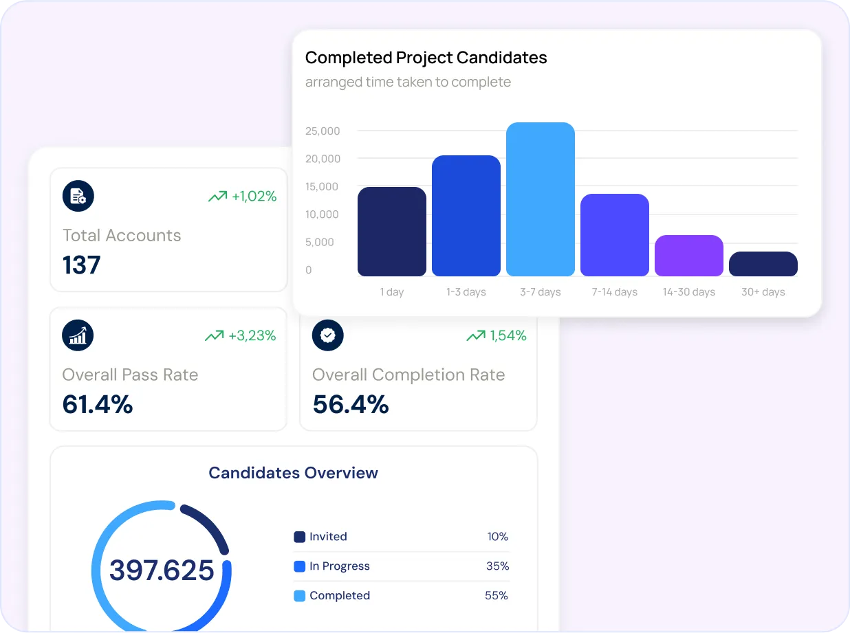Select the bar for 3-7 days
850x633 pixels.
[x=540, y=199]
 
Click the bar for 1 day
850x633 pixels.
[x=391, y=232]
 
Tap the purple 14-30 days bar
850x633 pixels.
[x=688, y=256]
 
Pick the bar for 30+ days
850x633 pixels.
[x=763, y=264]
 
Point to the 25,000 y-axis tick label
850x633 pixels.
[x=323, y=131]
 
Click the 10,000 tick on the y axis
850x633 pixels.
[x=323, y=214]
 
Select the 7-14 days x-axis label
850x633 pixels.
[x=614, y=292]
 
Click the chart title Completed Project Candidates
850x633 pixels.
[x=426, y=58]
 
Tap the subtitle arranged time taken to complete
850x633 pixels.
[x=408, y=82]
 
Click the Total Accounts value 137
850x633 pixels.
[x=82, y=265]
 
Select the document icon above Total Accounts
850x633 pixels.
[x=78, y=197]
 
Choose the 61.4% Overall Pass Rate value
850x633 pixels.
[x=97, y=404]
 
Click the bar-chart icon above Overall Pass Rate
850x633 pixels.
[x=78, y=335]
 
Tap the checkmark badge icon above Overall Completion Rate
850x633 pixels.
[x=328, y=335]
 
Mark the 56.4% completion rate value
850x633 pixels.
[x=350, y=404]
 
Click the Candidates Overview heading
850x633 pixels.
[x=293, y=473]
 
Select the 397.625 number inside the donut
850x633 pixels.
[x=162, y=570]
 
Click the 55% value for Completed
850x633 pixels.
[x=497, y=596]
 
